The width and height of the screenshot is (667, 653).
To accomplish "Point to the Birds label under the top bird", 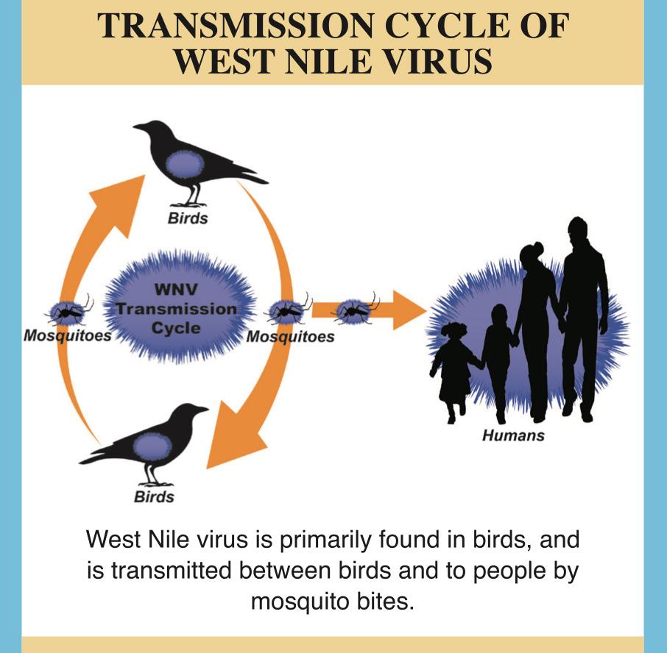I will pos(188,218).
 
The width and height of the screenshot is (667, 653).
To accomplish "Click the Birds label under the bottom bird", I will pos(154,497).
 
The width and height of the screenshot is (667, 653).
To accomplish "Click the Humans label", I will pos(513,435).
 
